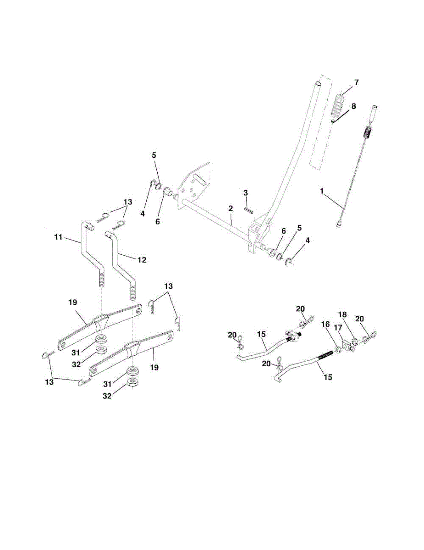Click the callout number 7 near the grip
pos(356,82)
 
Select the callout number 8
pos(352,106)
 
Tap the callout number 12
pos(141,260)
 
